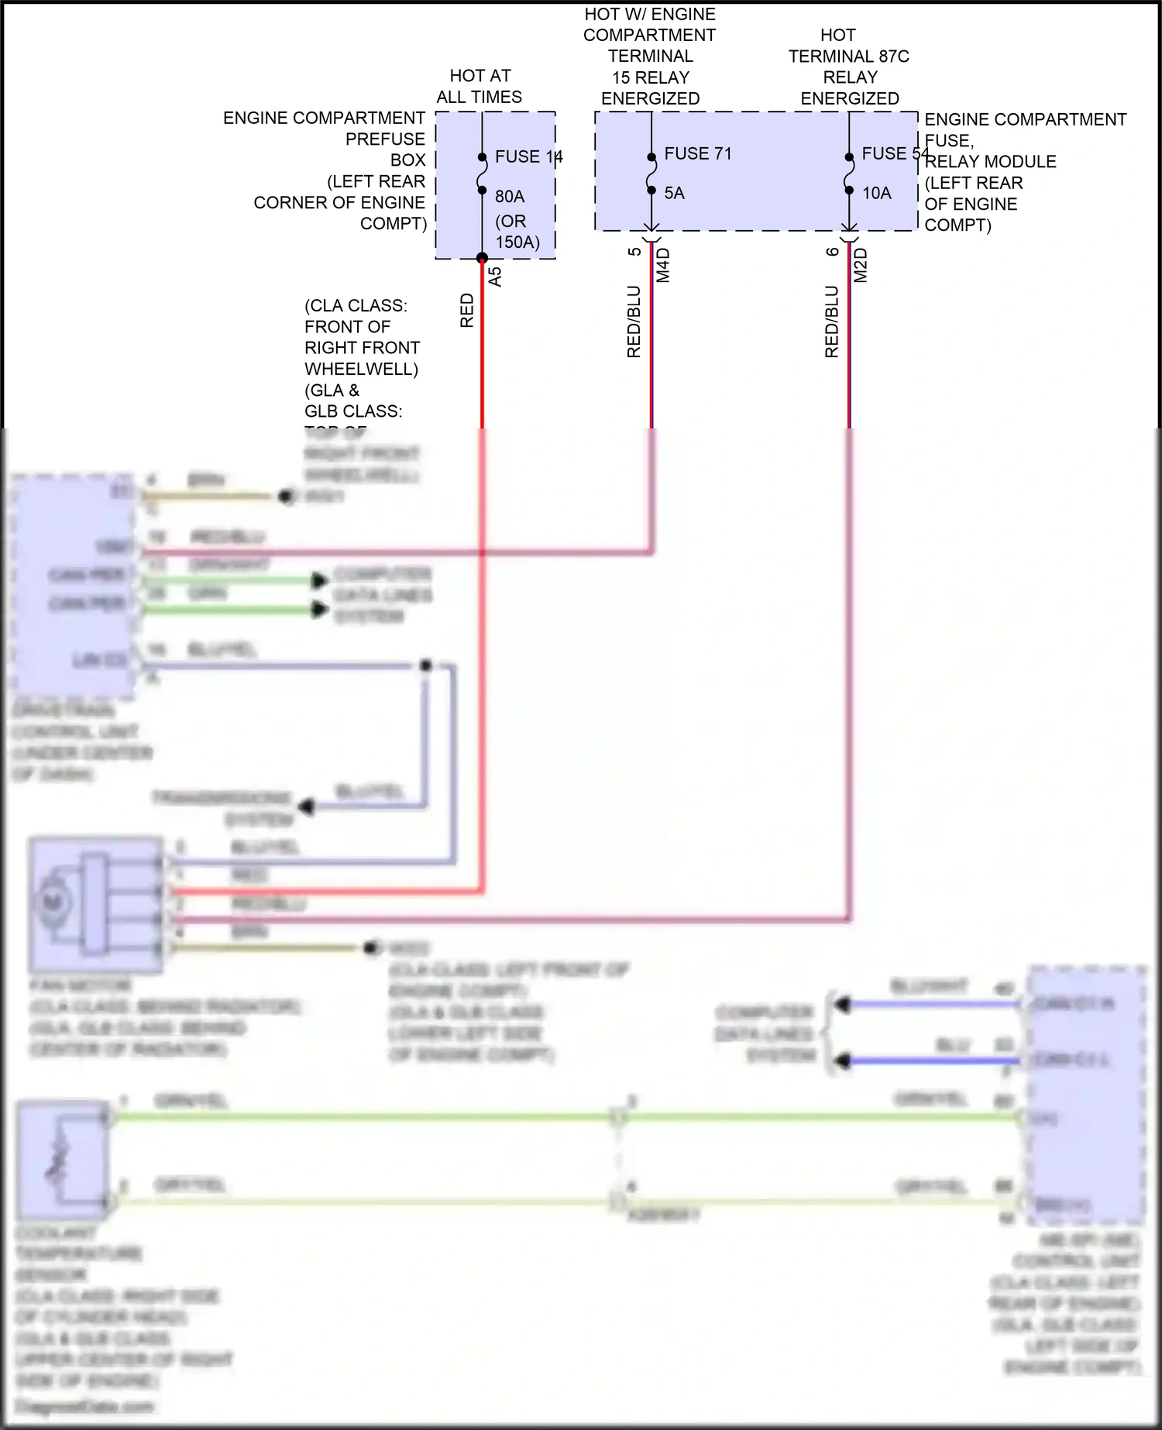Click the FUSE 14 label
(x=528, y=156)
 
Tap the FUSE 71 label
(x=697, y=153)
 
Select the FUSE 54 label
(x=895, y=153)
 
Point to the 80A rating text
(x=510, y=197)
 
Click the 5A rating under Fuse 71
(x=674, y=193)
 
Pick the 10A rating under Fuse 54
(x=877, y=193)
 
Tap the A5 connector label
(x=495, y=277)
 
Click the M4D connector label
(x=663, y=265)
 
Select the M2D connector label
(x=861, y=265)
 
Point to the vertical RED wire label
(x=467, y=310)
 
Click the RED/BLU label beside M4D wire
(x=634, y=321)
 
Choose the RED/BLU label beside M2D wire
(x=832, y=321)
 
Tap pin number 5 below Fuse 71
(x=634, y=252)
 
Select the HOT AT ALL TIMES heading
(x=480, y=86)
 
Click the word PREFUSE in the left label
(x=385, y=139)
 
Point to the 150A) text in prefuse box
(x=517, y=242)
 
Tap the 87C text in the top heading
(x=894, y=57)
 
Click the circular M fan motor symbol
(x=53, y=902)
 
